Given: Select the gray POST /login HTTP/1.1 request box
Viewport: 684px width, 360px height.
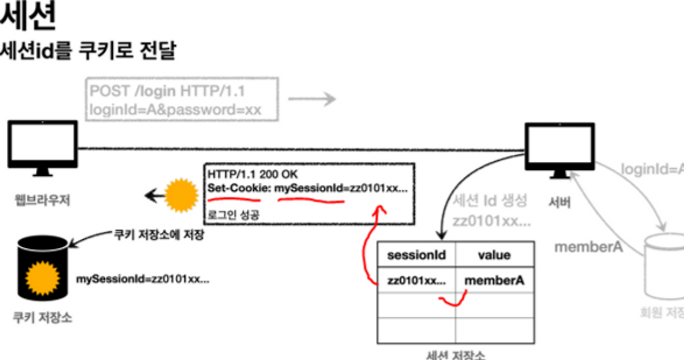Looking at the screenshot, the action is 182,99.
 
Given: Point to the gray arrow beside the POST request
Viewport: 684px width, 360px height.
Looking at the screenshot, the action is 312,99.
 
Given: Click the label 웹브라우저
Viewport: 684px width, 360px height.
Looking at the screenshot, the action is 43,201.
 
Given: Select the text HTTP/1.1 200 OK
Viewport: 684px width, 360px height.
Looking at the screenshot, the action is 253,175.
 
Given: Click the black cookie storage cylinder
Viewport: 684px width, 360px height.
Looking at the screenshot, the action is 43,270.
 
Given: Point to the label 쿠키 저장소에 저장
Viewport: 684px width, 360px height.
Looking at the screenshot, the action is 159,235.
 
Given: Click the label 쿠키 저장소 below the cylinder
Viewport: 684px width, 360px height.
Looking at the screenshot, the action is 43,318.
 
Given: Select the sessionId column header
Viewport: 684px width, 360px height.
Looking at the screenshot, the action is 416,255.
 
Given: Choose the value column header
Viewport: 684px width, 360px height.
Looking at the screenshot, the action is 494,255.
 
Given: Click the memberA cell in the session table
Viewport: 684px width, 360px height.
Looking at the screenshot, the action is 494,280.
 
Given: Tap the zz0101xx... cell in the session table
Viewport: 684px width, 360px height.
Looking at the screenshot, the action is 416,280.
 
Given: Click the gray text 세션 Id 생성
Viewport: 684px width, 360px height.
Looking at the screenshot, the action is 490,201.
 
